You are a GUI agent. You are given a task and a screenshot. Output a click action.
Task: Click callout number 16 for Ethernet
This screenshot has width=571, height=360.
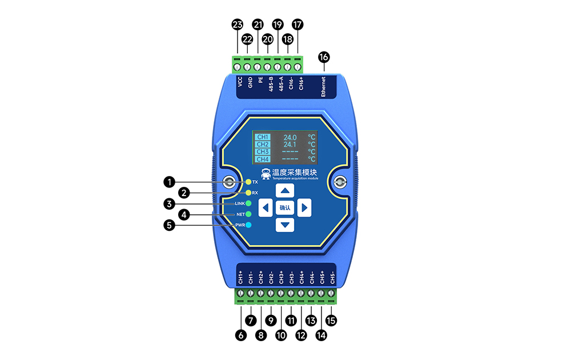coord(324,57)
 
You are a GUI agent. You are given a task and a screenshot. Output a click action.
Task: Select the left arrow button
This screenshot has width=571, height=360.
coord(266,207)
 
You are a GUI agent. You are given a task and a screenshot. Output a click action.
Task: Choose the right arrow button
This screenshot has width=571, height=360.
coord(304,207)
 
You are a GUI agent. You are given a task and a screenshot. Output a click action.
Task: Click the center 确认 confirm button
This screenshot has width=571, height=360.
coord(285,208)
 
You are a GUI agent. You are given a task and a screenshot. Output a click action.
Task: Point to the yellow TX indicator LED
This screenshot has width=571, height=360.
coord(248,182)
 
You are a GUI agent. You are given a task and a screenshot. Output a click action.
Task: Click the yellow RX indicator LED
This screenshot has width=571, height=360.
coord(248,193)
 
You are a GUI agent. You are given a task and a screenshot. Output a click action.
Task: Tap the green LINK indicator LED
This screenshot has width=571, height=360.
coord(248,203)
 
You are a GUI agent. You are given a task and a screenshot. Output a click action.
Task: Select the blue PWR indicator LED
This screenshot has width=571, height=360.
coord(248,225)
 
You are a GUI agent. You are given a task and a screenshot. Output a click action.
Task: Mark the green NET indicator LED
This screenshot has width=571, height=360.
coord(248,214)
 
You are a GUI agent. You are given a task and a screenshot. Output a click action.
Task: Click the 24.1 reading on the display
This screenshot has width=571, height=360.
coord(290,145)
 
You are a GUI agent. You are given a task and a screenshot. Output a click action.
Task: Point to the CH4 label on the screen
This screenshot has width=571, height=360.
coord(263,159)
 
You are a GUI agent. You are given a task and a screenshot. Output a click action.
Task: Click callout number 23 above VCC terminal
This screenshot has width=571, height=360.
coord(237,25)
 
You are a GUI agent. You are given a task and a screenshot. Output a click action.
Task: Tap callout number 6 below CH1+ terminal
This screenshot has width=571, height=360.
coord(240,336)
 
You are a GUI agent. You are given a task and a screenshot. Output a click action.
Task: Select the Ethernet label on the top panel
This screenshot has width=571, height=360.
coord(323,86)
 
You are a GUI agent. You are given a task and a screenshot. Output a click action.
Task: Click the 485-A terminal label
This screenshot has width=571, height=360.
coord(281,85)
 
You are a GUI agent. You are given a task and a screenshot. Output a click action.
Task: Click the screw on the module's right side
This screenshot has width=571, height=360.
coord(340,183)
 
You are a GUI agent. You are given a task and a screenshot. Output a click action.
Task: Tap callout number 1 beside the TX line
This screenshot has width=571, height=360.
coord(168,182)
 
